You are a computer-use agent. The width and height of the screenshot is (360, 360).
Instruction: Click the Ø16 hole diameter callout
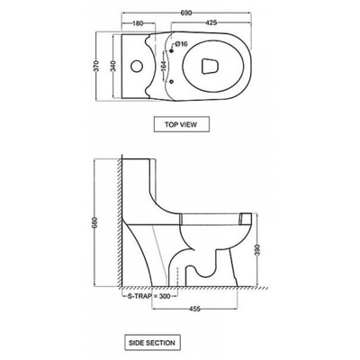click(180, 43)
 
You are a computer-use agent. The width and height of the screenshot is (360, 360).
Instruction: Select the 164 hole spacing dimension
click(165, 65)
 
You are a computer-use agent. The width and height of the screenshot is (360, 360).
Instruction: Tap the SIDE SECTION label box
click(153, 343)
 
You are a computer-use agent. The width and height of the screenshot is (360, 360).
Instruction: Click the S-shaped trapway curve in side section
click(202, 265)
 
